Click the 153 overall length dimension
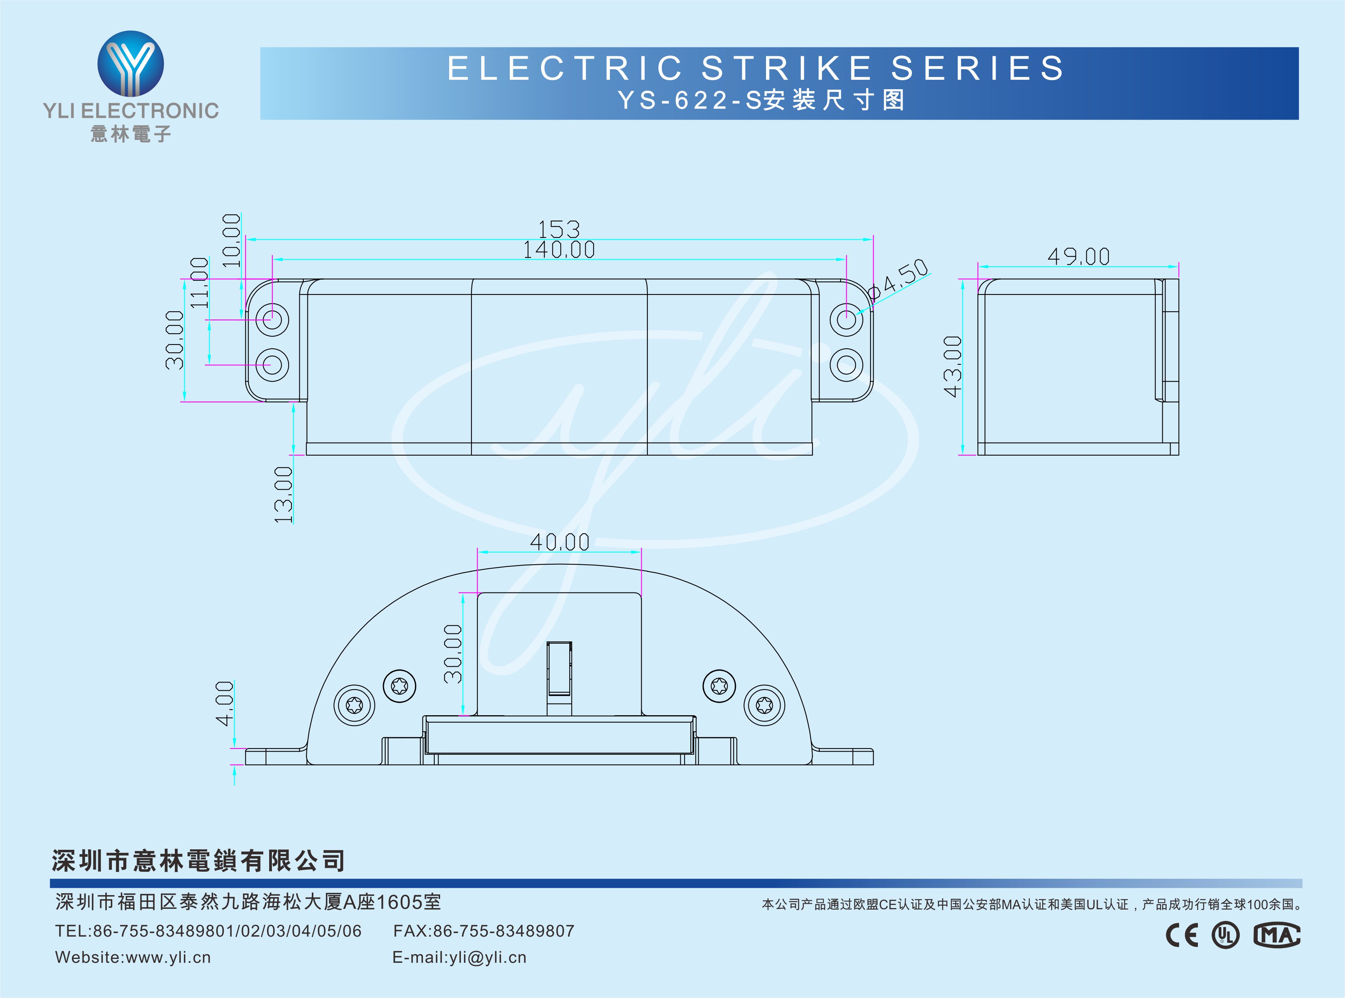559,229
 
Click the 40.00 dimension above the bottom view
559,542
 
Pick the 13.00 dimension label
283,494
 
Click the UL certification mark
1225,935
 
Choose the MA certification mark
1276,935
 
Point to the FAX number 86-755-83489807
503,931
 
